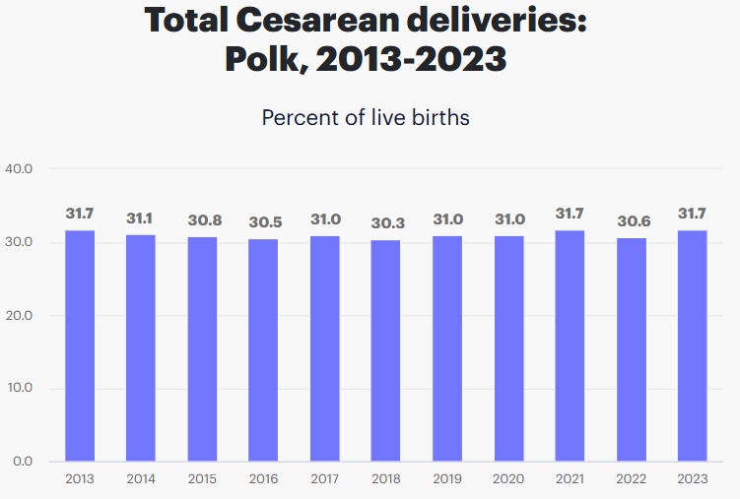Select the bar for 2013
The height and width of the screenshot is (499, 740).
coord(80,345)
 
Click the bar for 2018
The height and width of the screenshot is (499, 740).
coord(386,350)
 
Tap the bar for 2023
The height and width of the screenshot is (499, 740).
coord(693,345)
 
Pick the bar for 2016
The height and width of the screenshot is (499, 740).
coord(263,349)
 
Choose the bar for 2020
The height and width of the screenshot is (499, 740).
coord(508,347)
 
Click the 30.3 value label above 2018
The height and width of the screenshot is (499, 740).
coord(386,222)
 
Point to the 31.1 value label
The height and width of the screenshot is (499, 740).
coord(141,218)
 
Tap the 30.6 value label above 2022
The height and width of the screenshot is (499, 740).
coord(632,220)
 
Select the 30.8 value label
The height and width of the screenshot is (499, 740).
coord(202,219)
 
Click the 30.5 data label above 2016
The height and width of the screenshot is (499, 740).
coord(263,221)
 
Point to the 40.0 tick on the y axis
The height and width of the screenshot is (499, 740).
coord(19,169)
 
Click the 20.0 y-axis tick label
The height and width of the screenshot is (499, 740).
coord(19,315)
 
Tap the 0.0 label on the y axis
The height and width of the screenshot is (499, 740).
coord(23,461)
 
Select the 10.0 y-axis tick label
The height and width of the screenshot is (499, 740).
coord(19,388)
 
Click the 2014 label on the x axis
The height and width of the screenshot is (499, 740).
coord(141,479)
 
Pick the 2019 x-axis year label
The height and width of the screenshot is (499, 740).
coord(447,479)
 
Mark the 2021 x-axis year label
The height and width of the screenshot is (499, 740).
coord(570,479)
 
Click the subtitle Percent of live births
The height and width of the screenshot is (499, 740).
coord(366,117)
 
